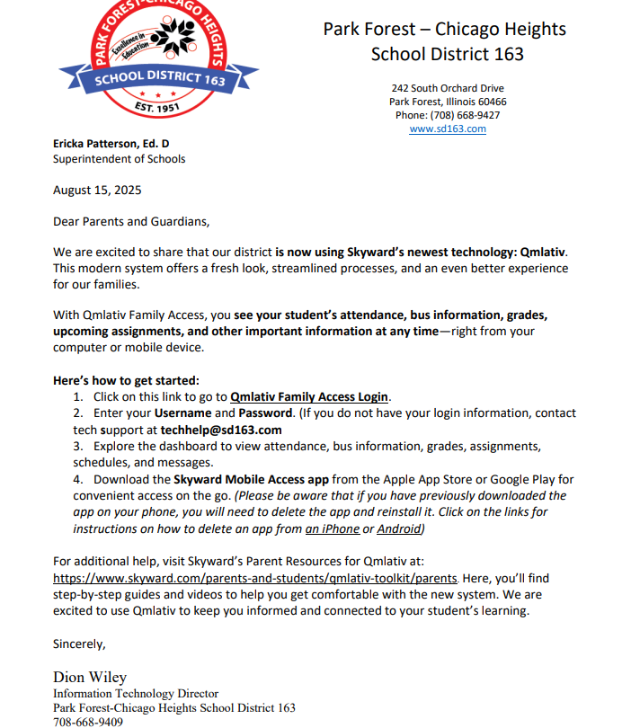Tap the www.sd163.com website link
(448, 129)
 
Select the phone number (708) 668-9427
(448, 115)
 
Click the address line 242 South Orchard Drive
(448, 88)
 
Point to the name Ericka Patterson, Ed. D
(111, 144)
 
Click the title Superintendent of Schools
(119, 159)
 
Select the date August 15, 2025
(97, 191)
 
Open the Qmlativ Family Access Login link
(309, 396)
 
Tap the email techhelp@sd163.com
(221, 430)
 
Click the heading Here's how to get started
(126, 380)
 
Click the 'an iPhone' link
(333, 528)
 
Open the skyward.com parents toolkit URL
(256, 579)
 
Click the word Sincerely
(79, 644)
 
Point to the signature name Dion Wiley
(90, 678)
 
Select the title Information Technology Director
(136, 694)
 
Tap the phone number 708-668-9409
(88, 722)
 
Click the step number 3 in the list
(78, 446)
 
